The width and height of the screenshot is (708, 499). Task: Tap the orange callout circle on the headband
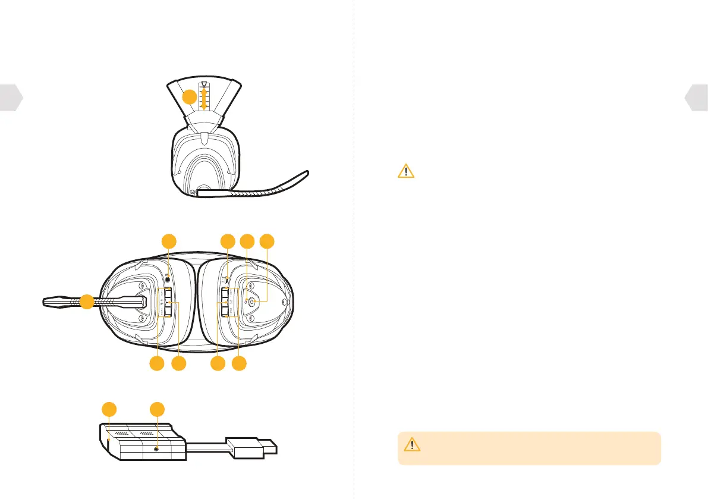pos(189,98)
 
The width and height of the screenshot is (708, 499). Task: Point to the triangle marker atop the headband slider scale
pos(204,84)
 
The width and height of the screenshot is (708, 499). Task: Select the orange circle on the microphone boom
pos(87,302)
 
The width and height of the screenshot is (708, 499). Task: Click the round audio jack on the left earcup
pos(169,276)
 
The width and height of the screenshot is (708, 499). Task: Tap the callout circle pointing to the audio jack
pos(169,241)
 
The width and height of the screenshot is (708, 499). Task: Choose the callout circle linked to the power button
pos(269,241)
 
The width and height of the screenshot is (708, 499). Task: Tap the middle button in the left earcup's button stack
pos(169,302)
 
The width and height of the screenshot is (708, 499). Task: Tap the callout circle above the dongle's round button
pos(156,410)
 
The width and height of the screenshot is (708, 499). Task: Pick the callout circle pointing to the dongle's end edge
pos(108,410)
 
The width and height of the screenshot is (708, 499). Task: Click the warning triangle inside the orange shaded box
pos(412,445)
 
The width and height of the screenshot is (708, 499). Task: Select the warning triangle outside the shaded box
pos(405,171)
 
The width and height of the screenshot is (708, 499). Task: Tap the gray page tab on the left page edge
pos(11,98)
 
